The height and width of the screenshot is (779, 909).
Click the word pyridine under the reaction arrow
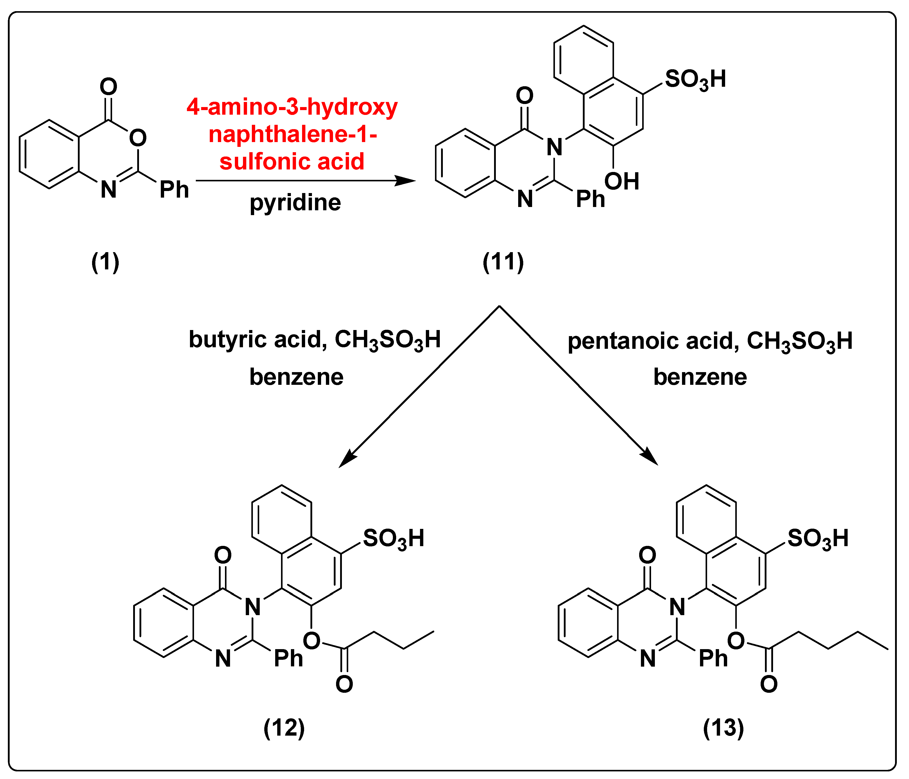coord(295,203)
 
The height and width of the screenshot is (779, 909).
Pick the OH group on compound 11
coord(622,181)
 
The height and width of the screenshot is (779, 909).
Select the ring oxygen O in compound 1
coord(138,138)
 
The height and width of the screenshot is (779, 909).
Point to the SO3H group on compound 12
coord(394,539)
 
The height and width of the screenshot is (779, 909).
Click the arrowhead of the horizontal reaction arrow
coord(406,180)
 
